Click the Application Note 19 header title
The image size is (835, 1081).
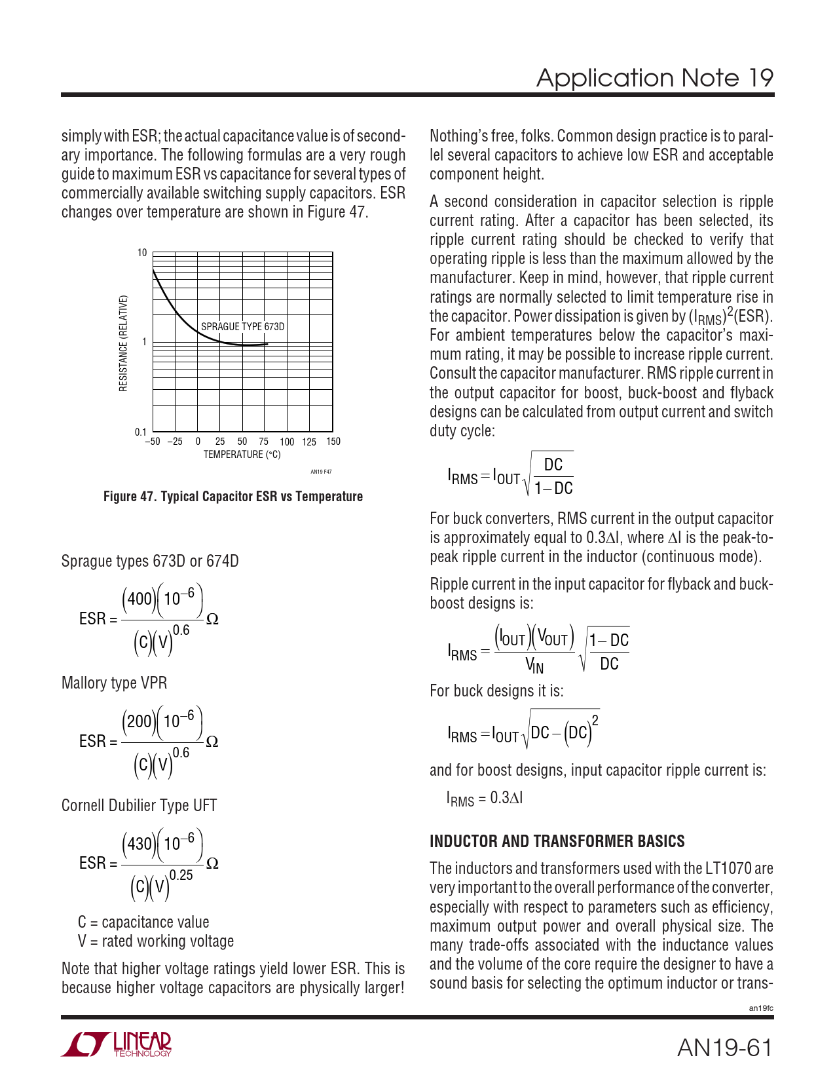654,78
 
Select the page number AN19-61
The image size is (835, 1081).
724,1048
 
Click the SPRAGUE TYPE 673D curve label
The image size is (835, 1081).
242,326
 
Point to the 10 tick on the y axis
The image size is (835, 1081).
142,253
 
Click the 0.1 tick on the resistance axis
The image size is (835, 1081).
141,432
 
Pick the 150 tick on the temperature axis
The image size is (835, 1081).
333,442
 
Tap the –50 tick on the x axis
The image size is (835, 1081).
152,442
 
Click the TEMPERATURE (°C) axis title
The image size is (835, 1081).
242,455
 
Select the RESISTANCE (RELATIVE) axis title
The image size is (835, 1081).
123,343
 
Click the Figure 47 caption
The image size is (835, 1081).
233,497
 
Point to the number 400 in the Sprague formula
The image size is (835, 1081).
139,599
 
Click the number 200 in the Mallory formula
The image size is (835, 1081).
139,721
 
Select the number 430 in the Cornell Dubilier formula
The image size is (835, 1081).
139,843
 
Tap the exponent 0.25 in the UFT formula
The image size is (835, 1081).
181,875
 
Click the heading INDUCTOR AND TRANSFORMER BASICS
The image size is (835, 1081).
557,841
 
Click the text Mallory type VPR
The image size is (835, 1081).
114,683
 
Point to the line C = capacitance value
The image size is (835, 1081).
143,922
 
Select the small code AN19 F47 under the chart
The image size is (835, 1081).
321,472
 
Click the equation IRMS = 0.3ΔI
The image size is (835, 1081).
485,798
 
